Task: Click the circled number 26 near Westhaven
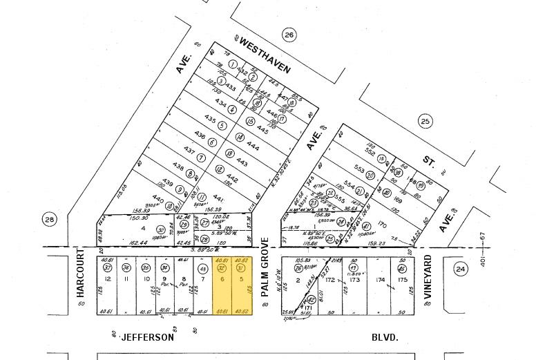coord(288,35)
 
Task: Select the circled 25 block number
coord(425,122)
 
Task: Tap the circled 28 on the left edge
coord(48,220)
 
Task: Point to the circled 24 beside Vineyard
coord(461,268)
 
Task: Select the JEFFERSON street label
coord(147,338)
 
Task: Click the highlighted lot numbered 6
coord(222,279)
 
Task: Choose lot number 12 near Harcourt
coord(108,279)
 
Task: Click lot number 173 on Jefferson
coord(355,280)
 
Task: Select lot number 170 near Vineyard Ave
coord(382,225)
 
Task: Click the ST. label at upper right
coord(428,162)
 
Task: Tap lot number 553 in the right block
coord(359,169)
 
